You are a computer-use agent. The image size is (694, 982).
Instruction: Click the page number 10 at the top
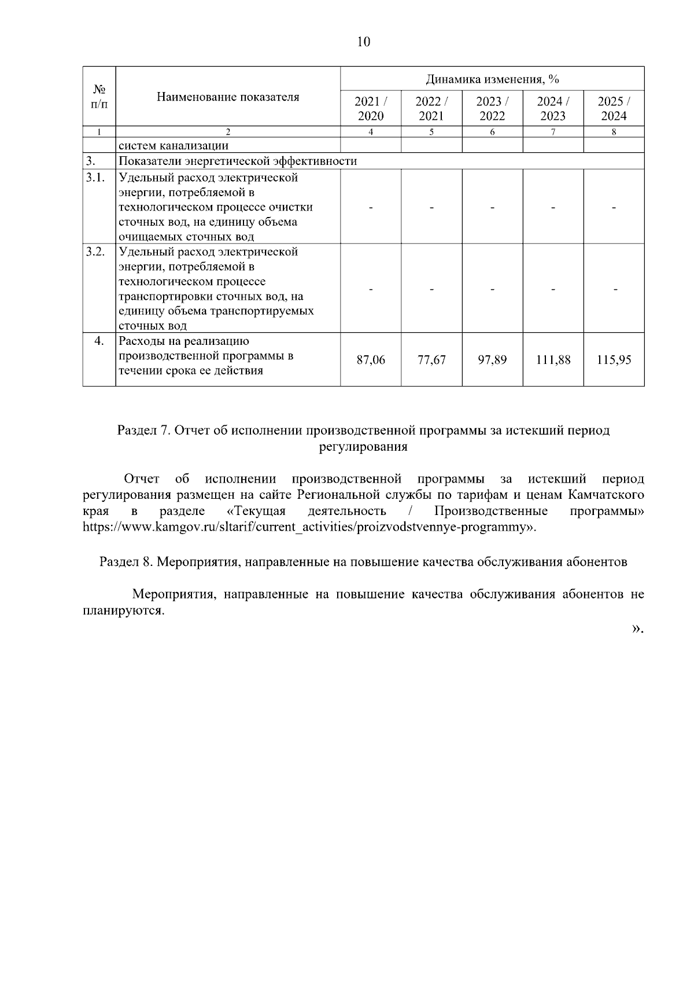363,42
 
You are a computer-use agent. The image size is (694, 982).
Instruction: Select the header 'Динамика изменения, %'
492,79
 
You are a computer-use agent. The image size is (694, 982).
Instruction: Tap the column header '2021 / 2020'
371,108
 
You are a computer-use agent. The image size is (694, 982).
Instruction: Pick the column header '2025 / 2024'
614,108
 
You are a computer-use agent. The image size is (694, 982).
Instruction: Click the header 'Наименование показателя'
228,97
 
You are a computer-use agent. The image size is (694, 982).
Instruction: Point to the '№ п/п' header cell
99,97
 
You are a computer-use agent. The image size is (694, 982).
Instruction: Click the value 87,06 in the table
371,360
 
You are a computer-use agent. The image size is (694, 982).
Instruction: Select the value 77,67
431,360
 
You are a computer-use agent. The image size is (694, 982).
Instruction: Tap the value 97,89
492,360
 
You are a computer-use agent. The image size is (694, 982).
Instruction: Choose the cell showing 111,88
553,360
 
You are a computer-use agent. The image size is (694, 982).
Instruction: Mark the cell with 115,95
614,360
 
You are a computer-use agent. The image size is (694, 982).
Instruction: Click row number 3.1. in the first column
95,178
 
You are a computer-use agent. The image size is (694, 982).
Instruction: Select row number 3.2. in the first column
95,252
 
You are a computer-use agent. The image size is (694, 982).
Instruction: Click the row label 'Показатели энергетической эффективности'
237,161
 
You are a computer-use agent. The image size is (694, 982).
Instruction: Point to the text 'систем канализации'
173,145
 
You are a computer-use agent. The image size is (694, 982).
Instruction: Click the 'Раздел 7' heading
363,431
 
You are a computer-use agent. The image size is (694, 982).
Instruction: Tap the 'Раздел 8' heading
363,562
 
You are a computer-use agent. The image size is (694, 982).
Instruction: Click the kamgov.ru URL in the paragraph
307,527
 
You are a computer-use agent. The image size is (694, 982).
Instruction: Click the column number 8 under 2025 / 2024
614,132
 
